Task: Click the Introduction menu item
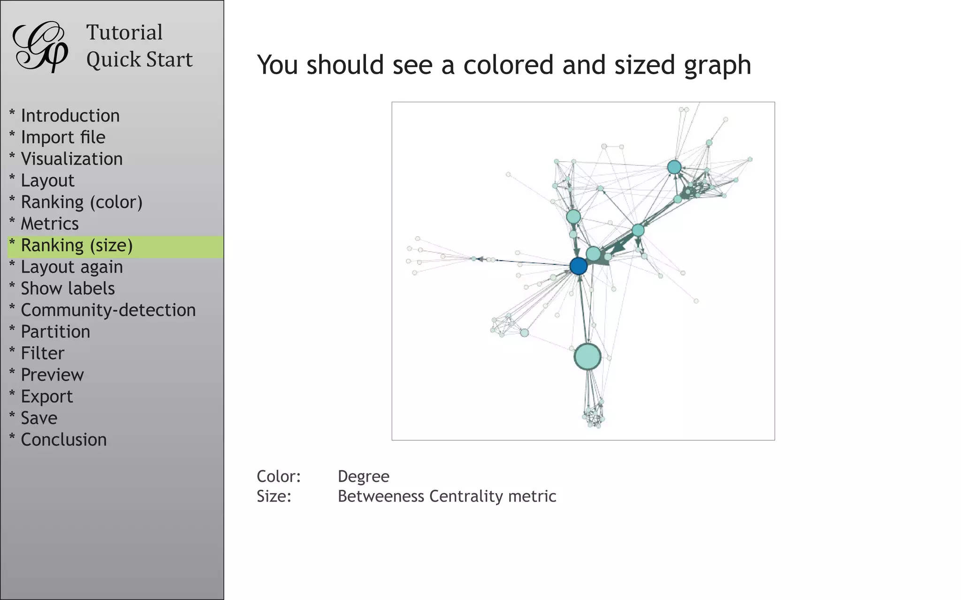coord(70,116)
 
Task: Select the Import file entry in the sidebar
coord(63,137)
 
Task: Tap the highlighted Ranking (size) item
coord(76,246)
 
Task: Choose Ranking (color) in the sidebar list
coord(81,202)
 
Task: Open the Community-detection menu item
coord(108,310)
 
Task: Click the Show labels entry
coord(68,289)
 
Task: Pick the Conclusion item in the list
coord(63,440)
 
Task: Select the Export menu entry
coord(46,397)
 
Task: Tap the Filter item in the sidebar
coord(42,353)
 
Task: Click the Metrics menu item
coord(49,224)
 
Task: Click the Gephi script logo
coord(40,46)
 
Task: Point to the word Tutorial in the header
coord(124,33)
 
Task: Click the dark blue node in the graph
coord(578,266)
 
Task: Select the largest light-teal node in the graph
coord(587,356)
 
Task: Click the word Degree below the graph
coord(363,476)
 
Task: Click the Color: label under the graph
coord(278,476)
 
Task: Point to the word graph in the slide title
coord(717,65)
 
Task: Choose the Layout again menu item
coord(71,267)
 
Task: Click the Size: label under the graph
coord(274,496)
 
